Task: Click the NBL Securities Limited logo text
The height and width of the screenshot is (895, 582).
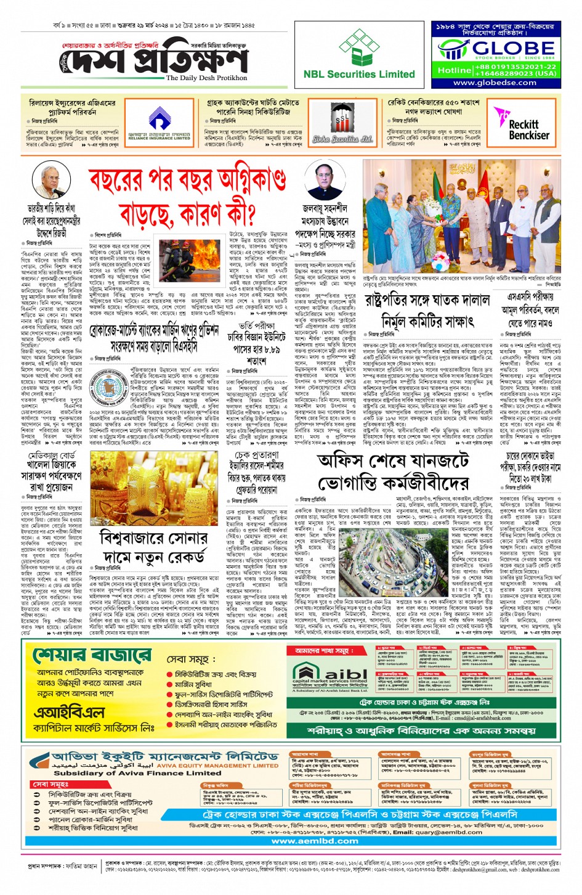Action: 359,75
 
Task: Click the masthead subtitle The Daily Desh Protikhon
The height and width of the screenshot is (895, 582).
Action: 206,78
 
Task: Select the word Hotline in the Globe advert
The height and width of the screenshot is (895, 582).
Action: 454,70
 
